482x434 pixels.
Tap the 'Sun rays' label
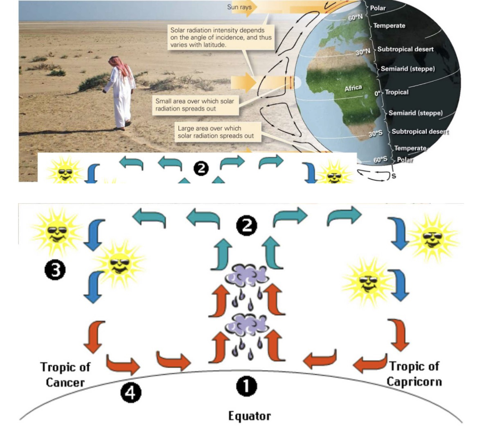click(x=239, y=7)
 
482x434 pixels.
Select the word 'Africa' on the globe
click(x=353, y=88)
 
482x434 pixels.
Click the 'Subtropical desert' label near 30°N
click(x=405, y=49)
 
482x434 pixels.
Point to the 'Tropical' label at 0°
click(x=396, y=92)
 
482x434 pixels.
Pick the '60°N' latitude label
click(x=356, y=18)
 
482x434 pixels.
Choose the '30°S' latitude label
click(x=375, y=133)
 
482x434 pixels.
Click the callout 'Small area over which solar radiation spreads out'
click(x=195, y=105)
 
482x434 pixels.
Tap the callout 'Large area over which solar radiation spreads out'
click(x=216, y=132)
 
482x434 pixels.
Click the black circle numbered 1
click(x=247, y=387)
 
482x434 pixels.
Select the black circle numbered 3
click(x=55, y=270)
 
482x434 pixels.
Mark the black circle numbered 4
click(x=131, y=393)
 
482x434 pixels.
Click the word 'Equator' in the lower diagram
click(x=249, y=416)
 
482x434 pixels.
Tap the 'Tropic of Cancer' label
click(x=65, y=374)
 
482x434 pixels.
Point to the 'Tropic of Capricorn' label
click(x=414, y=373)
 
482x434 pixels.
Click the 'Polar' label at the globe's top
click(x=378, y=8)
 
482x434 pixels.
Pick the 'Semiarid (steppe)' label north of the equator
click(x=408, y=69)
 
